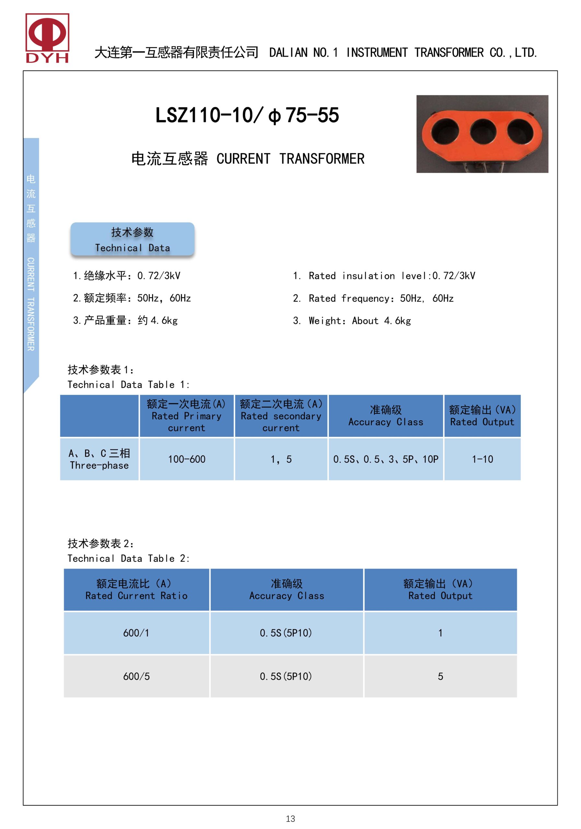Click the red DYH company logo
point(47,38)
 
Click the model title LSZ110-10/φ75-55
point(247,115)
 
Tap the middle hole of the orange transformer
point(482,131)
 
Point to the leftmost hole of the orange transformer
point(445,131)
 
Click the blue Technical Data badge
point(132,239)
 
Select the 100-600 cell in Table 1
point(186,459)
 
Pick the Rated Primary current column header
point(186,416)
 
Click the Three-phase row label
point(99,459)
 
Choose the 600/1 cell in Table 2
point(136,633)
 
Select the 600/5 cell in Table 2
point(136,676)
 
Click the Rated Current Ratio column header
point(136,590)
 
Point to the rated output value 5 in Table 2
point(440,676)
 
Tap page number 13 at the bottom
point(290,819)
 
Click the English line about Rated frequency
point(373,298)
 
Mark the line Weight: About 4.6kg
point(352,321)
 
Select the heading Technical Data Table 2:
point(129,559)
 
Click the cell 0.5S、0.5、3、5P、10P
point(386,459)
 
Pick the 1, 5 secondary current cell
point(281,459)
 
